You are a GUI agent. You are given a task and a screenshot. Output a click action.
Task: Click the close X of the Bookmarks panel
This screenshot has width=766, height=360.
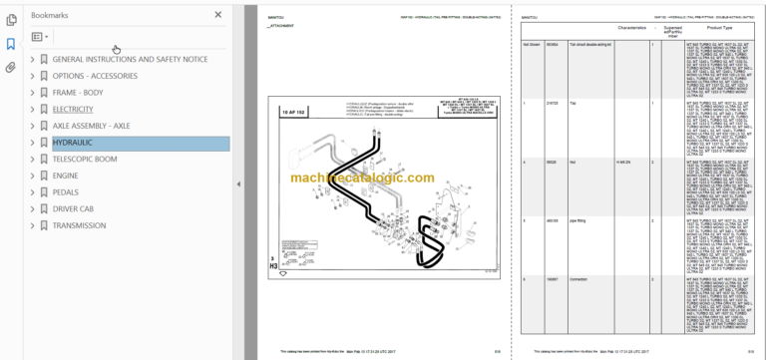coord(218,15)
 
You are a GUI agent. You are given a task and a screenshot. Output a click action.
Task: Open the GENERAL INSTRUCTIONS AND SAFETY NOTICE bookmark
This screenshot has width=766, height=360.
coord(130,60)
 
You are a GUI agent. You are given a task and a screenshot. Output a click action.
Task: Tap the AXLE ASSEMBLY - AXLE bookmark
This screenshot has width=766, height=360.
coord(91,126)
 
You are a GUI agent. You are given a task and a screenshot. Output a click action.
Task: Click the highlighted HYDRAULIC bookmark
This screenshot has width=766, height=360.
coord(72,143)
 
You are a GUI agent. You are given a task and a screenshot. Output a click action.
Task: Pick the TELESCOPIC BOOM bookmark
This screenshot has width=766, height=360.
coord(86,159)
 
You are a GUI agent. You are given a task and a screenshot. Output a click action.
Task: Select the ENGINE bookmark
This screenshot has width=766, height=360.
coord(67,176)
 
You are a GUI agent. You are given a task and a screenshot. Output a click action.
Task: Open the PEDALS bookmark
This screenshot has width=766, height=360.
coord(66,191)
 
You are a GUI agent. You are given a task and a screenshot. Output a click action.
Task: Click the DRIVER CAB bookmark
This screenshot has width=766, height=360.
coord(76,208)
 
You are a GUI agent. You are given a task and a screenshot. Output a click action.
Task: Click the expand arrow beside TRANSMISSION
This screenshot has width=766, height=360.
coord(32,225)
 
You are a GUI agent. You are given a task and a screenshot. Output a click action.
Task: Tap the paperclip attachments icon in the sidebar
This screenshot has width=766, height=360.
coord(11,68)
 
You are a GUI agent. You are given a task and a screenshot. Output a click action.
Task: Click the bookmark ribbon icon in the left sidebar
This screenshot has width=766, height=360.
coord(11,44)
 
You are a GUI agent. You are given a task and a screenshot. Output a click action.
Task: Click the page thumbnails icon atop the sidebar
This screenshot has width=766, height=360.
coord(11,19)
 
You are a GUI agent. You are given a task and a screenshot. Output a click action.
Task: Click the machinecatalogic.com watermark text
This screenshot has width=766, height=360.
coord(378,178)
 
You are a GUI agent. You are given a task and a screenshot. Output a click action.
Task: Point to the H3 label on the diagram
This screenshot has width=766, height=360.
coord(273,266)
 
